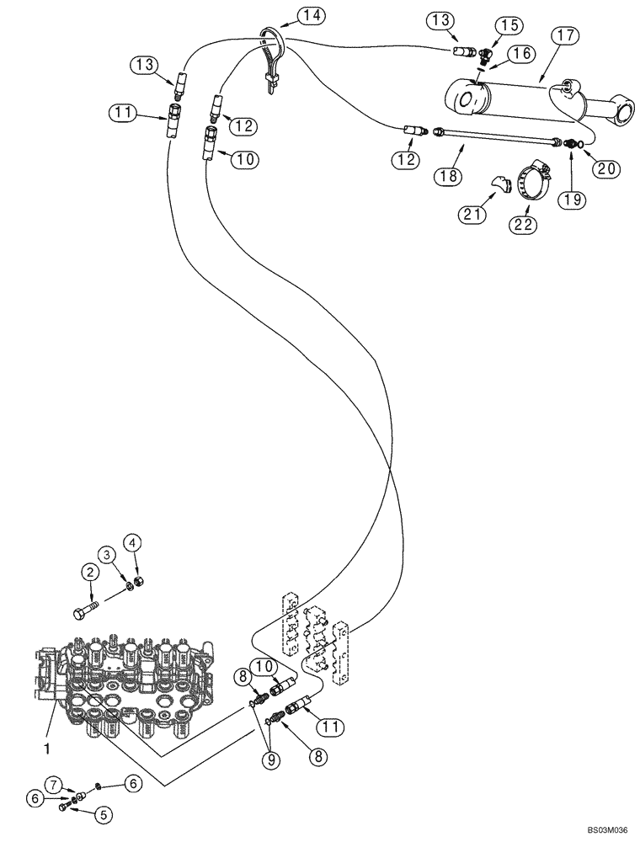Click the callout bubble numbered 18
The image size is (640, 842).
click(446, 175)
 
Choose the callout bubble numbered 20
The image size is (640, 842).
click(606, 169)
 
